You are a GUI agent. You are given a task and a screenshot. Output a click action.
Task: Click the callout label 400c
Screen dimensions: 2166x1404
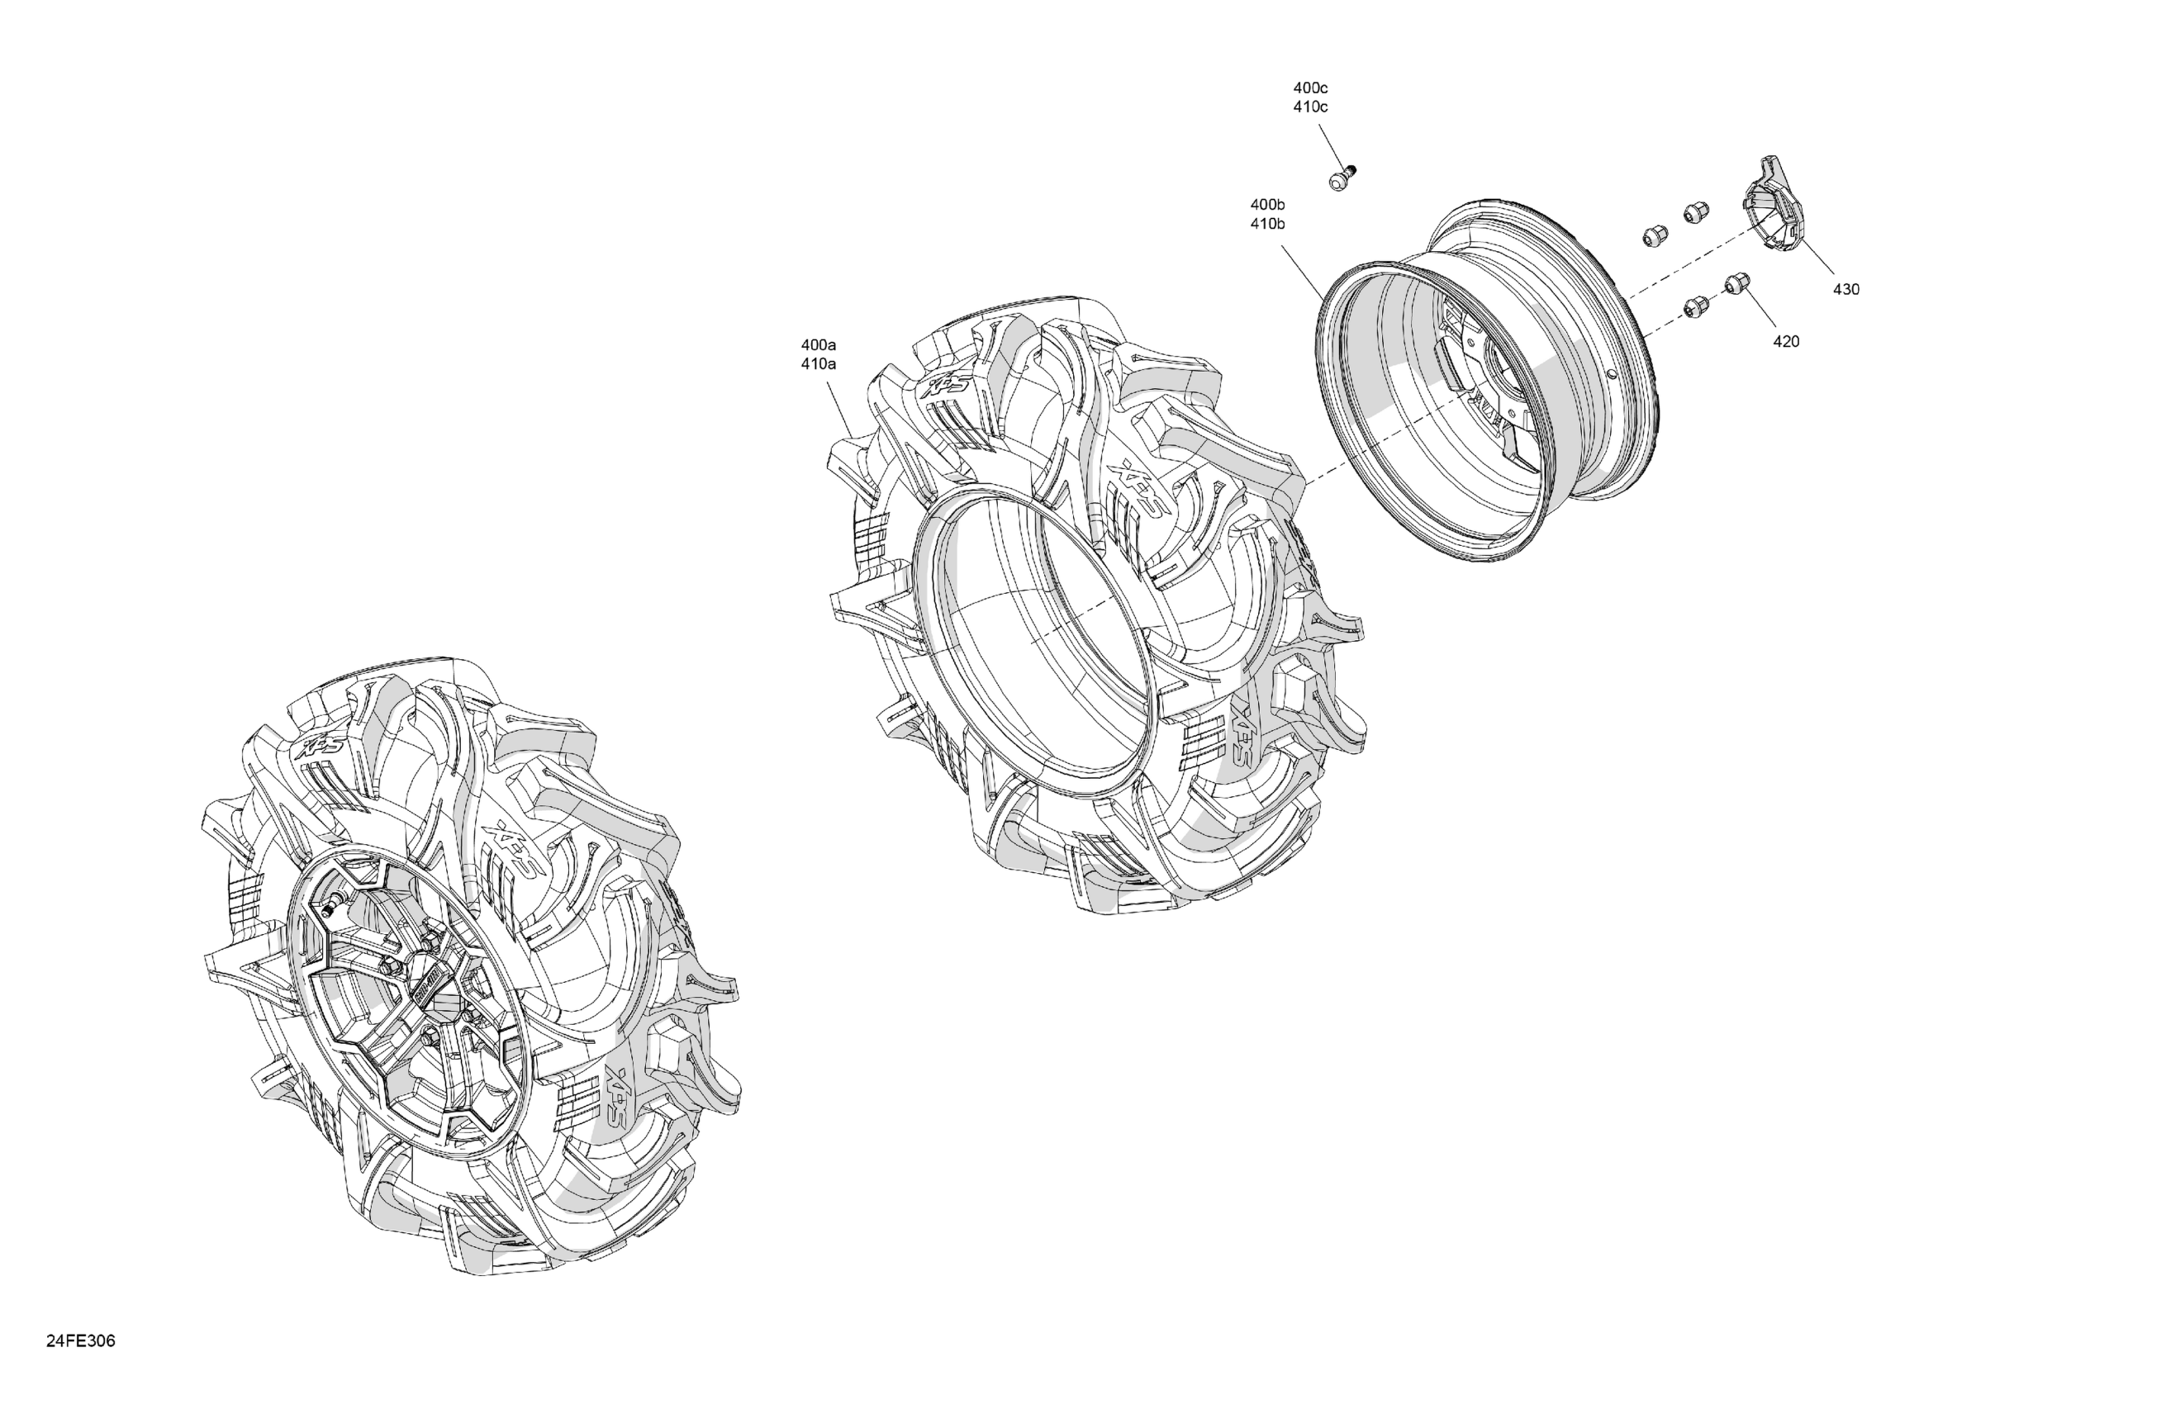coord(1309,88)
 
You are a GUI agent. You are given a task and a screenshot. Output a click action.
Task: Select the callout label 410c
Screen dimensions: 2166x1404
coord(1309,107)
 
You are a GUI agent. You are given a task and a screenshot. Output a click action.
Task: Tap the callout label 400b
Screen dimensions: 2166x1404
coord(1268,205)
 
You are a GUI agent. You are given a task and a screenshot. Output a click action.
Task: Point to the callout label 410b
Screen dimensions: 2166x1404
coord(1268,224)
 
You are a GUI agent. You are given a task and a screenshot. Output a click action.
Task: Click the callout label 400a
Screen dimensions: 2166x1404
coord(818,345)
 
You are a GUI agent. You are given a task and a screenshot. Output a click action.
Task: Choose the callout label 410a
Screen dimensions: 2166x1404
coord(818,364)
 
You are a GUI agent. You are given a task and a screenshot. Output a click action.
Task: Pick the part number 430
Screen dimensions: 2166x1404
coord(1845,289)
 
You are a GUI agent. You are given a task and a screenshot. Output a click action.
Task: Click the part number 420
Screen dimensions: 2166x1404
coord(1785,341)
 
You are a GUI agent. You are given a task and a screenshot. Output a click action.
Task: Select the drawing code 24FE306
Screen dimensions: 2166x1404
coord(81,1341)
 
